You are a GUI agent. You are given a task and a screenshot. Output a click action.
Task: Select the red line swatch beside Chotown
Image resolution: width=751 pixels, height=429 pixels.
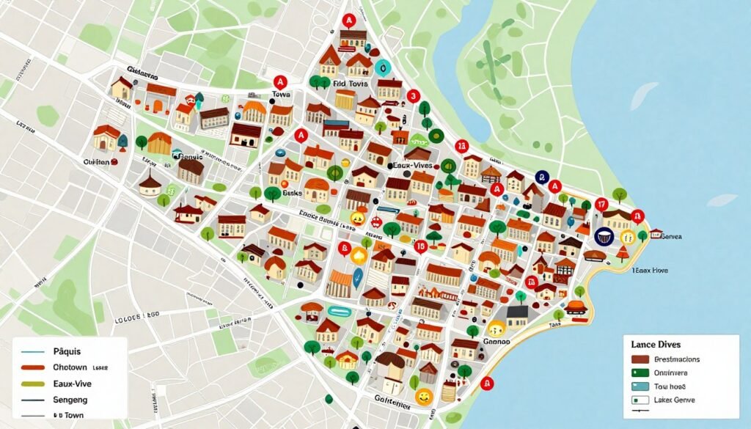(x=29, y=367)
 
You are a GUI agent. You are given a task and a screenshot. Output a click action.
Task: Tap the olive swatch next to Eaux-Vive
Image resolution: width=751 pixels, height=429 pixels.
(x=29, y=384)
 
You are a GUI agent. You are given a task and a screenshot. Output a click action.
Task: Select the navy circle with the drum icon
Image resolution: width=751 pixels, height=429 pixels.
(x=604, y=235)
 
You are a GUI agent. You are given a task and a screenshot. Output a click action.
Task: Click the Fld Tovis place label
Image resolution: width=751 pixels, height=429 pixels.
(x=349, y=84)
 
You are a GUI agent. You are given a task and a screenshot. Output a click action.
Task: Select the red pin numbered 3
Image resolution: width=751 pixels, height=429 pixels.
(x=412, y=96)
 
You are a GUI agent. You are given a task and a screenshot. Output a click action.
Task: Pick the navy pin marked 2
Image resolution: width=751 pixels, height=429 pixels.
(x=541, y=177)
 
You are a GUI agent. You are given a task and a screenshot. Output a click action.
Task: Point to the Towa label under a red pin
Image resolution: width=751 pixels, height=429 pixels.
(x=281, y=95)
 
